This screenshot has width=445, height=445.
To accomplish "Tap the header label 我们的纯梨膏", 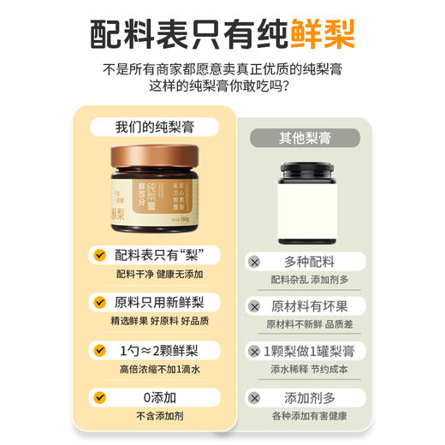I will (155, 127).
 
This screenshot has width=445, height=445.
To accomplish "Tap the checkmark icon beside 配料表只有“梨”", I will (101, 255).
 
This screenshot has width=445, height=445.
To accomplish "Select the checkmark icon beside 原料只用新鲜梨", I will (101, 302).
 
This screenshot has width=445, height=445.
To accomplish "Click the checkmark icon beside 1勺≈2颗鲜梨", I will (101, 350).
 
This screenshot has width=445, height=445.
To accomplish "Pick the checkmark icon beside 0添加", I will (101, 397).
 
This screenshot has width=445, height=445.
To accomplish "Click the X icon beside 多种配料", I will (253, 261).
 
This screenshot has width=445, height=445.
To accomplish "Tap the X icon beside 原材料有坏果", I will (253, 306).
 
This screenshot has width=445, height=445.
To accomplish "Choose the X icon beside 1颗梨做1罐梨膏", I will (253, 352).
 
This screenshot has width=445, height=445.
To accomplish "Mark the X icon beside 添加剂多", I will (253, 397).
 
